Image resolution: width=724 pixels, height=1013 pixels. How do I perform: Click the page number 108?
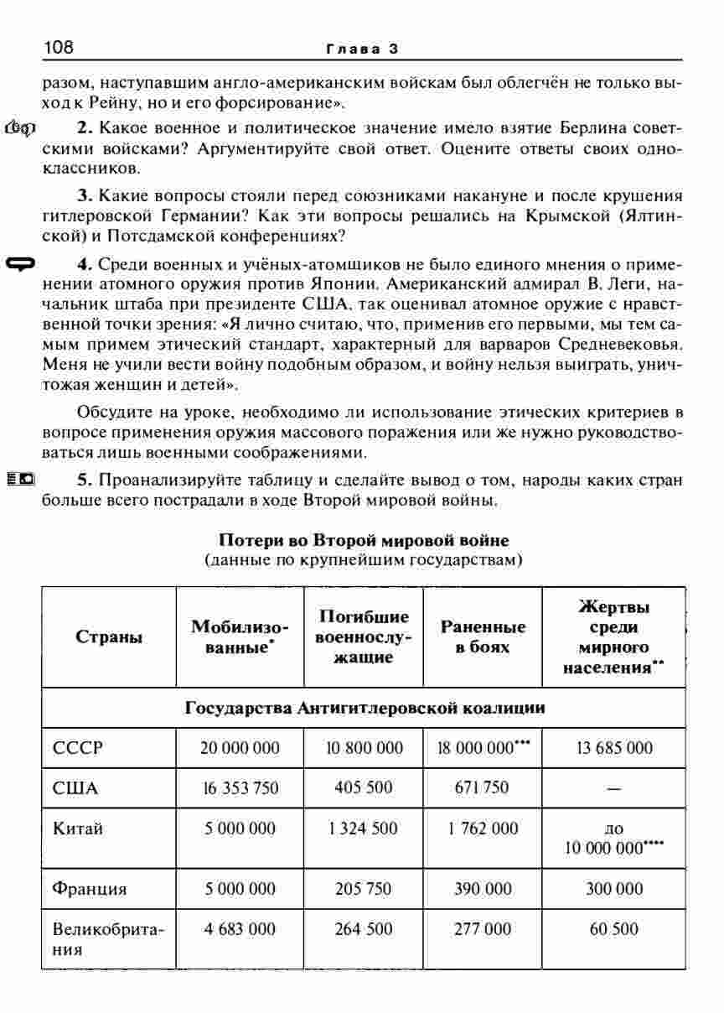59,48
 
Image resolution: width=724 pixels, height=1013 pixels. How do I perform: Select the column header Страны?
109,636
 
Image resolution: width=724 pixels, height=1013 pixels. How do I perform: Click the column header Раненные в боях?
483,636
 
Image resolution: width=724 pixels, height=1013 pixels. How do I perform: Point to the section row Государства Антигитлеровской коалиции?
364,708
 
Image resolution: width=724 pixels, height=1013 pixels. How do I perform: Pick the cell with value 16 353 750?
240,788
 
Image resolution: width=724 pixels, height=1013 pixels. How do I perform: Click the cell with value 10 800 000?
364,747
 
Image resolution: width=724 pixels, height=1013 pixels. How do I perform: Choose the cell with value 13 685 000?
613,747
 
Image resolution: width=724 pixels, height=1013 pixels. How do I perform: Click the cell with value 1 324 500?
364,829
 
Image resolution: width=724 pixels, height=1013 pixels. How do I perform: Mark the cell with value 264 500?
364,929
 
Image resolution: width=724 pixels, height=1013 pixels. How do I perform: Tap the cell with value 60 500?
613,929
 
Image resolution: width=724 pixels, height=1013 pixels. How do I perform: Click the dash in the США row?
613,789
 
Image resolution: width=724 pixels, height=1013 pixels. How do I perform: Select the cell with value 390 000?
483,889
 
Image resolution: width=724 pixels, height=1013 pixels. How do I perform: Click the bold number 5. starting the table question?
84,481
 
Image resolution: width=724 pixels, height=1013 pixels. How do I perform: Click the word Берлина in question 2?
511,128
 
